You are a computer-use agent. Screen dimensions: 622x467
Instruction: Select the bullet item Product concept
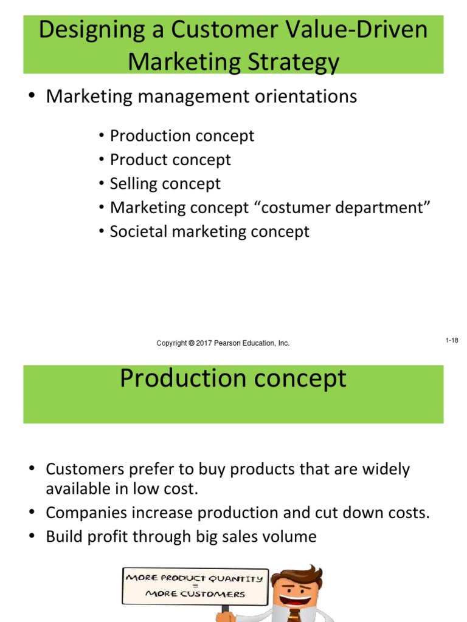[170, 160]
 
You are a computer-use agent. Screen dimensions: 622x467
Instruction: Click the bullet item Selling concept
[165, 183]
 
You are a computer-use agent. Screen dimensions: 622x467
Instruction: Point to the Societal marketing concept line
[209, 231]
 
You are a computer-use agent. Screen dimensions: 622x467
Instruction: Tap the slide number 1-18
[451, 341]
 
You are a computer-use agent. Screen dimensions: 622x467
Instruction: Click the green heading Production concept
[233, 378]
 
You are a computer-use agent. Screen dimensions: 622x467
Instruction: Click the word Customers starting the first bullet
[85, 470]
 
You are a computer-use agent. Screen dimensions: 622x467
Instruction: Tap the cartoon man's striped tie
[294, 615]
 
